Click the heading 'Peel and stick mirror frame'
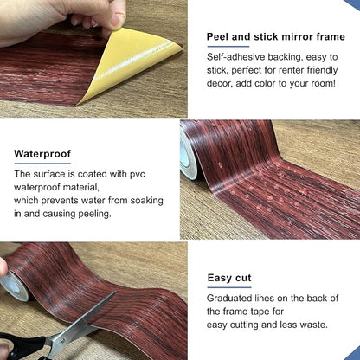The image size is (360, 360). (x=276, y=37)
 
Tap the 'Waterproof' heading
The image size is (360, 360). (x=42, y=154)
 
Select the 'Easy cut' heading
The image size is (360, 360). (x=229, y=278)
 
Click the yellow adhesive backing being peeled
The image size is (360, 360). (x=130, y=63)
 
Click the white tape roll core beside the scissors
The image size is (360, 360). (x=13, y=285)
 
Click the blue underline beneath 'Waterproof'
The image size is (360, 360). (x=42, y=164)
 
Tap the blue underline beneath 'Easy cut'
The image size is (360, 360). (x=229, y=287)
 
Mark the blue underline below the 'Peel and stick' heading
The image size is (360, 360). (x=228, y=47)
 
